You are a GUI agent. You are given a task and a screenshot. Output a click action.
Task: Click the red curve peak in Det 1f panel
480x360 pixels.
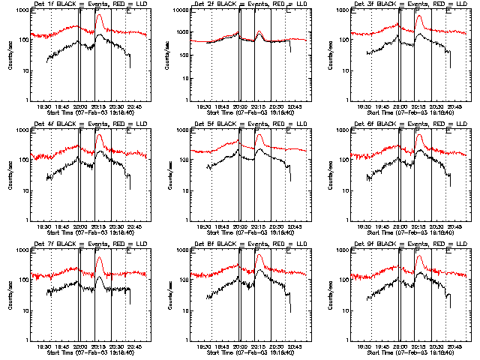[99, 15]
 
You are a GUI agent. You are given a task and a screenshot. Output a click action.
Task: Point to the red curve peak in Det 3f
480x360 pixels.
[418, 15]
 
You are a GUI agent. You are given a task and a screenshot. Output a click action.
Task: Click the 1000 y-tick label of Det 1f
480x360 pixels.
[22, 10]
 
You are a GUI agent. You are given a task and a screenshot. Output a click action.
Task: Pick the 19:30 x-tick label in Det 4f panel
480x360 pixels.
[45, 227]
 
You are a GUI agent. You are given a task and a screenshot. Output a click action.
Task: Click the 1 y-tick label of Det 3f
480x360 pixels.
[347, 100]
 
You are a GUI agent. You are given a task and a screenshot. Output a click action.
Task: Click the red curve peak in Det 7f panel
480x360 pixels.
[99, 256]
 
